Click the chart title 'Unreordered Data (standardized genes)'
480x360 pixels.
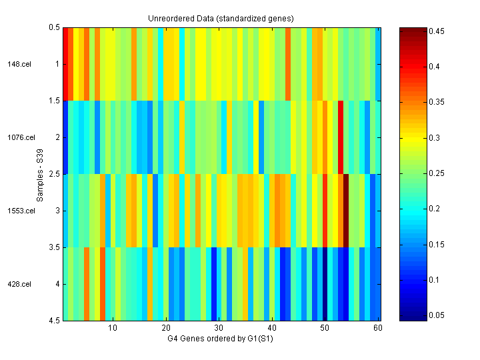[221, 17]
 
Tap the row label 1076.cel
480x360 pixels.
[21, 137]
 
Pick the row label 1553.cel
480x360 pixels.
[21, 211]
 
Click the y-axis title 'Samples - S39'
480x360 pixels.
[41, 174]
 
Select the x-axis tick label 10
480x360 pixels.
[113, 329]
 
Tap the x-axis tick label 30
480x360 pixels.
[219, 329]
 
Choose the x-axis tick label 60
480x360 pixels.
[378, 329]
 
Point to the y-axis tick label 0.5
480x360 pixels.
[54, 27]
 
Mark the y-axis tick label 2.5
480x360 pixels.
[54, 174]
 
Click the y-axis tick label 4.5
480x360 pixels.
[54, 321]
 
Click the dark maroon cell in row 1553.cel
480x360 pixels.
[346, 211]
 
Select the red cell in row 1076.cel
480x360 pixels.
[341, 137]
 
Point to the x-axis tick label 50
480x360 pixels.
[325, 329]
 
